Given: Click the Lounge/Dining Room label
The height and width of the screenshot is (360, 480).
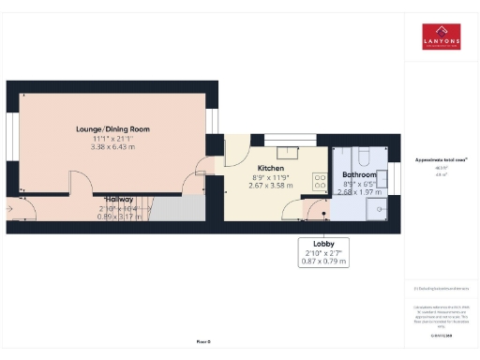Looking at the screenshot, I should click(112, 128).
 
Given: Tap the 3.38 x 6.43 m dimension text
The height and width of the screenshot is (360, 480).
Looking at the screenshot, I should click(112, 146).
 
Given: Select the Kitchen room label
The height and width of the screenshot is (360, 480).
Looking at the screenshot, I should click(271, 168).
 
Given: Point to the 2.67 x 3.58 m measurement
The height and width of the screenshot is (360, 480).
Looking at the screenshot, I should click(271, 186).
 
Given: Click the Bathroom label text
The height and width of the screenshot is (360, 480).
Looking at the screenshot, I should click(359, 175).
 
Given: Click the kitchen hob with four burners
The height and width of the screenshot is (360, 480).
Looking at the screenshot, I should click(320, 183).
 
